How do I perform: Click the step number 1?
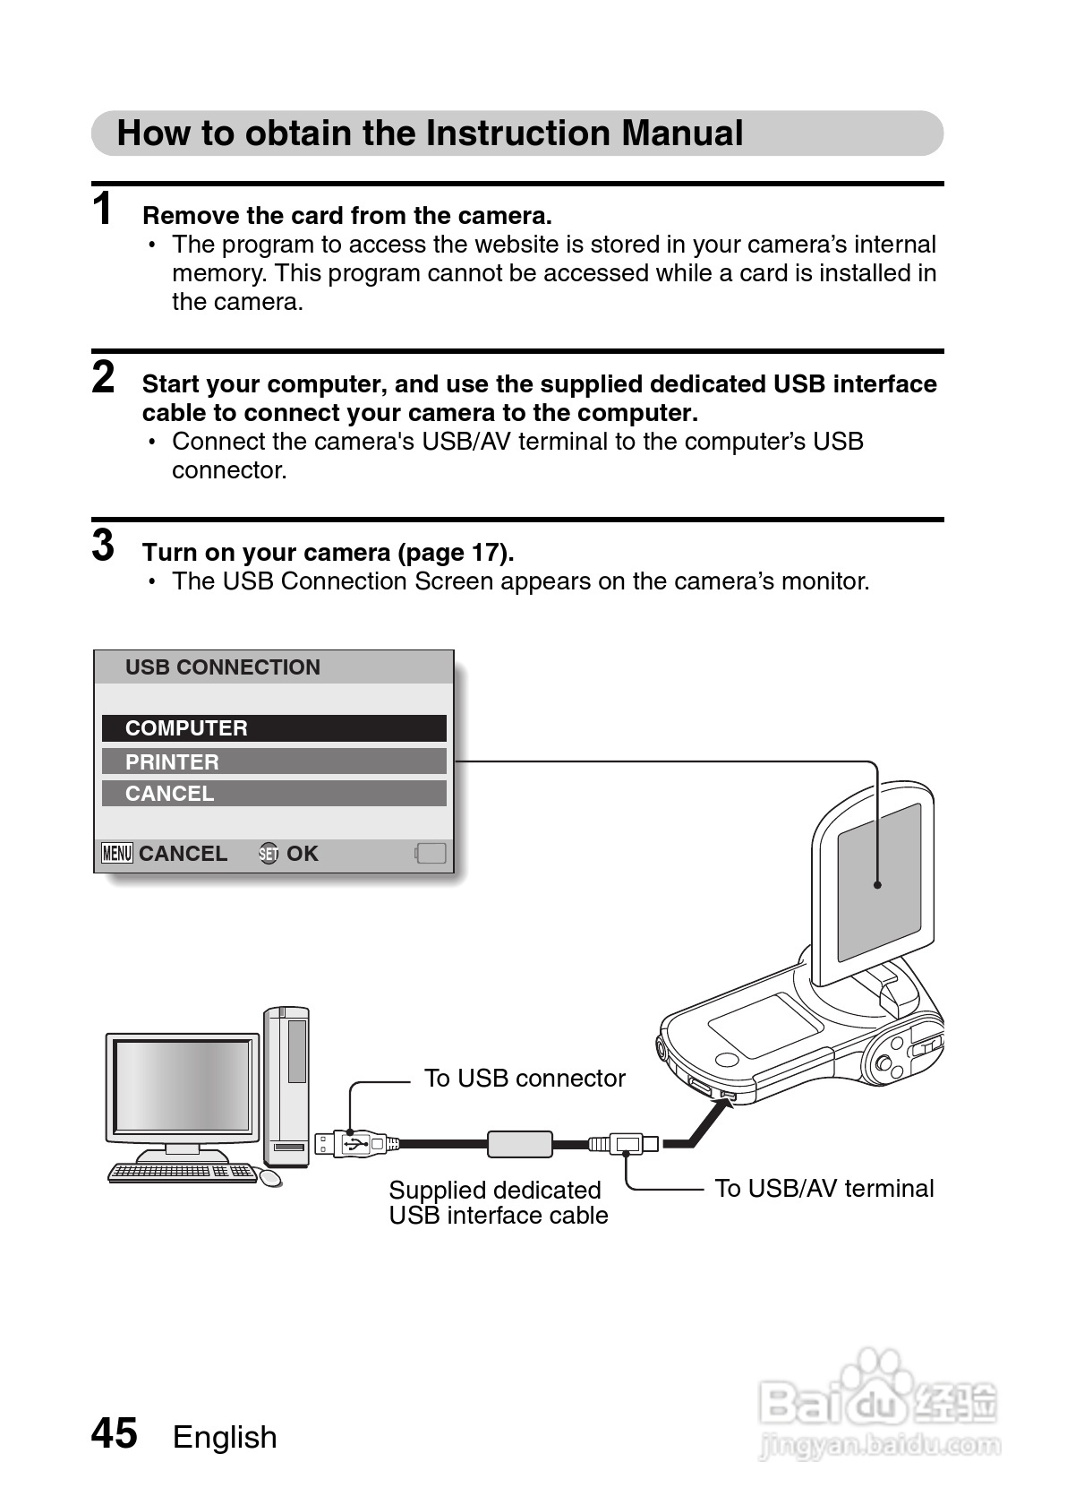click(103, 209)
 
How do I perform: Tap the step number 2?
click(104, 377)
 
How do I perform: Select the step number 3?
click(104, 545)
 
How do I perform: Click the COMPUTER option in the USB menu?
click(274, 728)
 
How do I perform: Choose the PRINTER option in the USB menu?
click(274, 761)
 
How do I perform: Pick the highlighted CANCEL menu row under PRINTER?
click(274, 794)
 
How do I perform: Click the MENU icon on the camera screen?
click(117, 853)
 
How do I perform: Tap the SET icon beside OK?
click(269, 854)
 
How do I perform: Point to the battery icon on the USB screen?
click(431, 853)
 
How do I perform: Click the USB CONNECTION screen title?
click(223, 667)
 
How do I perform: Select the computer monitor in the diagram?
click(182, 1088)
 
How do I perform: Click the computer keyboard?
click(182, 1172)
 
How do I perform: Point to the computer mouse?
click(270, 1177)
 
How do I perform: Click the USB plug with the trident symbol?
click(355, 1144)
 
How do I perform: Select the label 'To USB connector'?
click(525, 1078)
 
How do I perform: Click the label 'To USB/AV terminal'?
click(824, 1188)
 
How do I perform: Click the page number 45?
click(115, 1433)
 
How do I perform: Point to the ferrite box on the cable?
click(519, 1144)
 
